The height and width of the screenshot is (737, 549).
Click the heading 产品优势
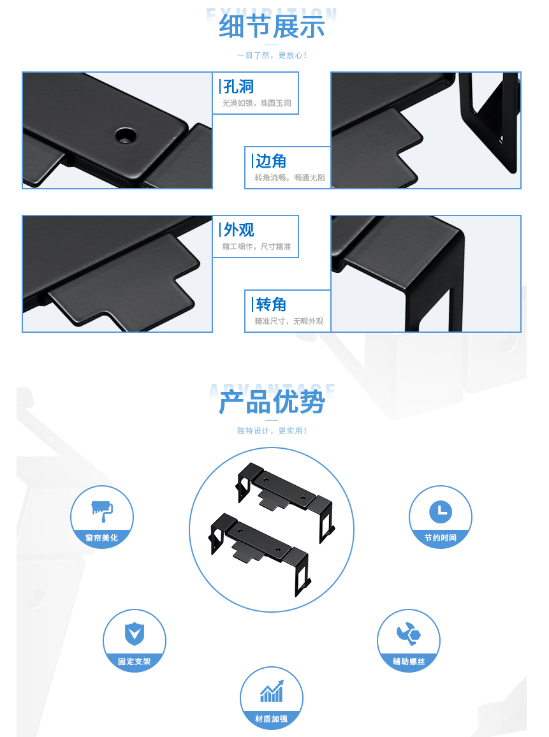point(272,402)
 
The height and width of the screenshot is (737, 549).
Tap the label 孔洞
point(239,87)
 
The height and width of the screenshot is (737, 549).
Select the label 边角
point(271,161)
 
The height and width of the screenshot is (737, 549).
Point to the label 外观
point(239,230)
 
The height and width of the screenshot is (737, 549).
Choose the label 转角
point(271,305)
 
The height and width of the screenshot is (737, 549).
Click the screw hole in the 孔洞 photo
point(126,135)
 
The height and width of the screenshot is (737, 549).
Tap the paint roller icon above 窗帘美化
point(102,510)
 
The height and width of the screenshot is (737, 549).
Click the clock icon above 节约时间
point(440,511)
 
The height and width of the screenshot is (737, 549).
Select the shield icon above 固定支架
point(135,634)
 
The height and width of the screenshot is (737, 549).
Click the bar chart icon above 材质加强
point(271,692)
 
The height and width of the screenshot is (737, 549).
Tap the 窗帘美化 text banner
point(102,538)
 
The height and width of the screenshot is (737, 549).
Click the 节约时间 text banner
point(440,538)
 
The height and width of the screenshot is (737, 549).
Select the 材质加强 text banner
point(271,719)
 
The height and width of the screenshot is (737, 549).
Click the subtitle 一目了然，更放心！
point(272,55)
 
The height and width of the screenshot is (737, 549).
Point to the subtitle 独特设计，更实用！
point(272,431)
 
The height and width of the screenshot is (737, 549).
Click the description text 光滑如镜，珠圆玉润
point(256,103)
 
